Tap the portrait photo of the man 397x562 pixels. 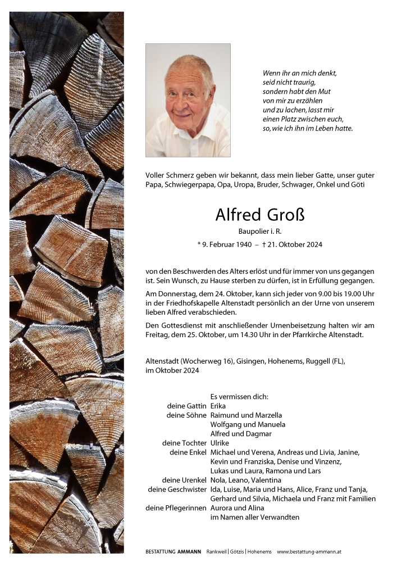coord(188,101)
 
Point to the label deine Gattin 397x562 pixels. coord(186,406)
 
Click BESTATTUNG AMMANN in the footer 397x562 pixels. coord(173,552)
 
